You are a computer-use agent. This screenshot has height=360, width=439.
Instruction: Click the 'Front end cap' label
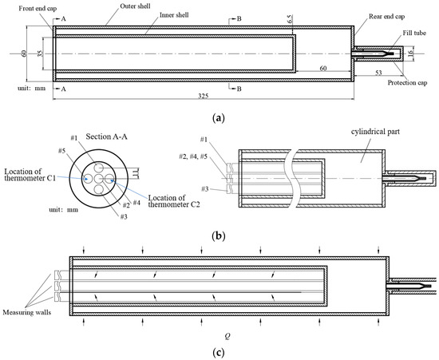[x=38, y=9]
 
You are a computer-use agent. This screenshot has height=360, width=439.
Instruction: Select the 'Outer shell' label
[x=135, y=6]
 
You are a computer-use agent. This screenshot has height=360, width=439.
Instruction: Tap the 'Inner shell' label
[x=174, y=15]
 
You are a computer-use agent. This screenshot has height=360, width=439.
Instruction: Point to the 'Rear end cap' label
[x=386, y=17]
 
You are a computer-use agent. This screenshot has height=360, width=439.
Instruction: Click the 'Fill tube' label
[x=414, y=33]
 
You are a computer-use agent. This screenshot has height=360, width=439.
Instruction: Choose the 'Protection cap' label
[x=407, y=82]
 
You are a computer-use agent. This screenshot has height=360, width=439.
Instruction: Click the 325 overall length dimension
[x=204, y=96]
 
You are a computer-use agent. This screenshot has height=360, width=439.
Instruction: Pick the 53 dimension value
[x=378, y=73]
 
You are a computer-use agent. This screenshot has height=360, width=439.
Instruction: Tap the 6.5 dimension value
[x=290, y=19]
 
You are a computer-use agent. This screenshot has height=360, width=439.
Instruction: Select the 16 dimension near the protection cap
[x=411, y=53]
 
